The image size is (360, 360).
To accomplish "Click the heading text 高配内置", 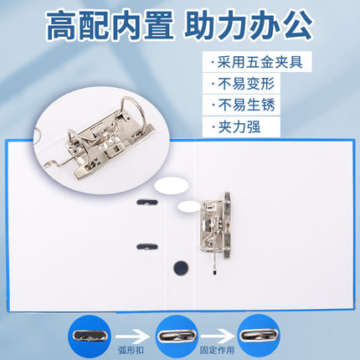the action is coord(110,26).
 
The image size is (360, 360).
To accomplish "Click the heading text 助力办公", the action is coord(249,26).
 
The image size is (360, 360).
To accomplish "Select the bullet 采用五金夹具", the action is coord(257,62).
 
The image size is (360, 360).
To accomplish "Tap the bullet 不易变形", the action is coord(243,84).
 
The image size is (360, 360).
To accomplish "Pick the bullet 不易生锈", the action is coord(243,105).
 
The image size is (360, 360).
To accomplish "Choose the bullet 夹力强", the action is coord(236,127).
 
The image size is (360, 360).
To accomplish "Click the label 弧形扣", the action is coord(131,350).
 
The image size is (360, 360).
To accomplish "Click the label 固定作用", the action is coord(217,350).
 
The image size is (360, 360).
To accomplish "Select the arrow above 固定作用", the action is coord(218,336).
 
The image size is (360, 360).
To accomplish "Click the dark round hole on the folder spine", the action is coord(181,268).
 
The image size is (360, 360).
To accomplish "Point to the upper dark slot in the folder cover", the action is coord(147,203).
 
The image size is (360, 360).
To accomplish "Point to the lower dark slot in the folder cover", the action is coord(147,247).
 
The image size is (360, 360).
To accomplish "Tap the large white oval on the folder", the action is coord(172,186).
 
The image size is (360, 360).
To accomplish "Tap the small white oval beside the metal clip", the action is coord(189,207).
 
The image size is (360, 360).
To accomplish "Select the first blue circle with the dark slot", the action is coord(90,336).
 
